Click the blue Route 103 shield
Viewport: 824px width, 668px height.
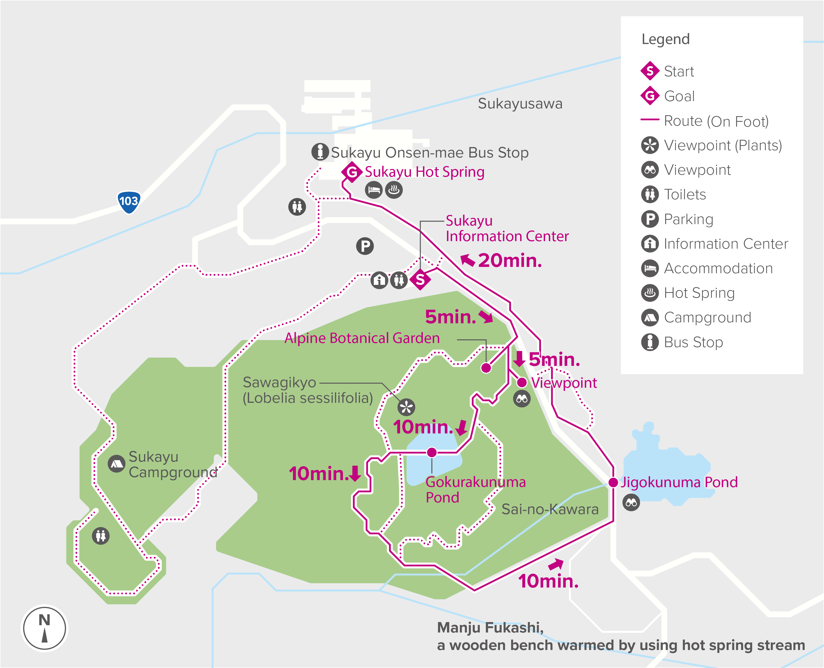point(129,202)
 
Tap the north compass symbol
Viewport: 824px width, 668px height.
point(45,628)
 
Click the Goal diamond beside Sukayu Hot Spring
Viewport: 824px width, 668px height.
point(352,172)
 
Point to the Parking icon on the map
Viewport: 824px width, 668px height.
point(365,246)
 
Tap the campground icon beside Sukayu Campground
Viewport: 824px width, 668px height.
point(117,464)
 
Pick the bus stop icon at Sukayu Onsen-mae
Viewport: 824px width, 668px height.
point(320,152)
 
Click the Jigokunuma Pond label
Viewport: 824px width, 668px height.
point(679,482)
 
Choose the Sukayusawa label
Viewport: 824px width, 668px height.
point(520,104)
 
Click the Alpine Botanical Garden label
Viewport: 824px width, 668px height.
point(362,338)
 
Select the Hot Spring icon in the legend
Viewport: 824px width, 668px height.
point(650,293)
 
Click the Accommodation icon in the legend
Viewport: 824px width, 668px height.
point(650,268)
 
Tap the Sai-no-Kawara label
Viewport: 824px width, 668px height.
point(550,509)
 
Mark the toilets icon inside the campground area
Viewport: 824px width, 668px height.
point(101,536)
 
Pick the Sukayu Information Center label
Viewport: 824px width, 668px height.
point(507,228)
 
